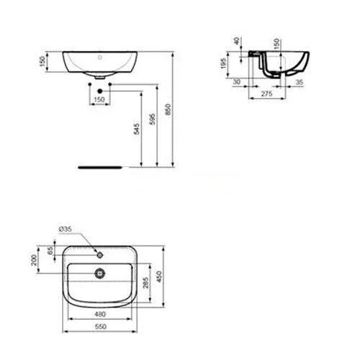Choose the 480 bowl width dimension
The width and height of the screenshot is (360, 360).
[x=101, y=314]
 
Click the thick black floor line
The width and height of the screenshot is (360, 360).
[x=101, y=166]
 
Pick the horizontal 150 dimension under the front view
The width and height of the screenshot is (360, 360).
[x=99, y=99]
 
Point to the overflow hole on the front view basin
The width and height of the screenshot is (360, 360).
[x=99, y=55]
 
